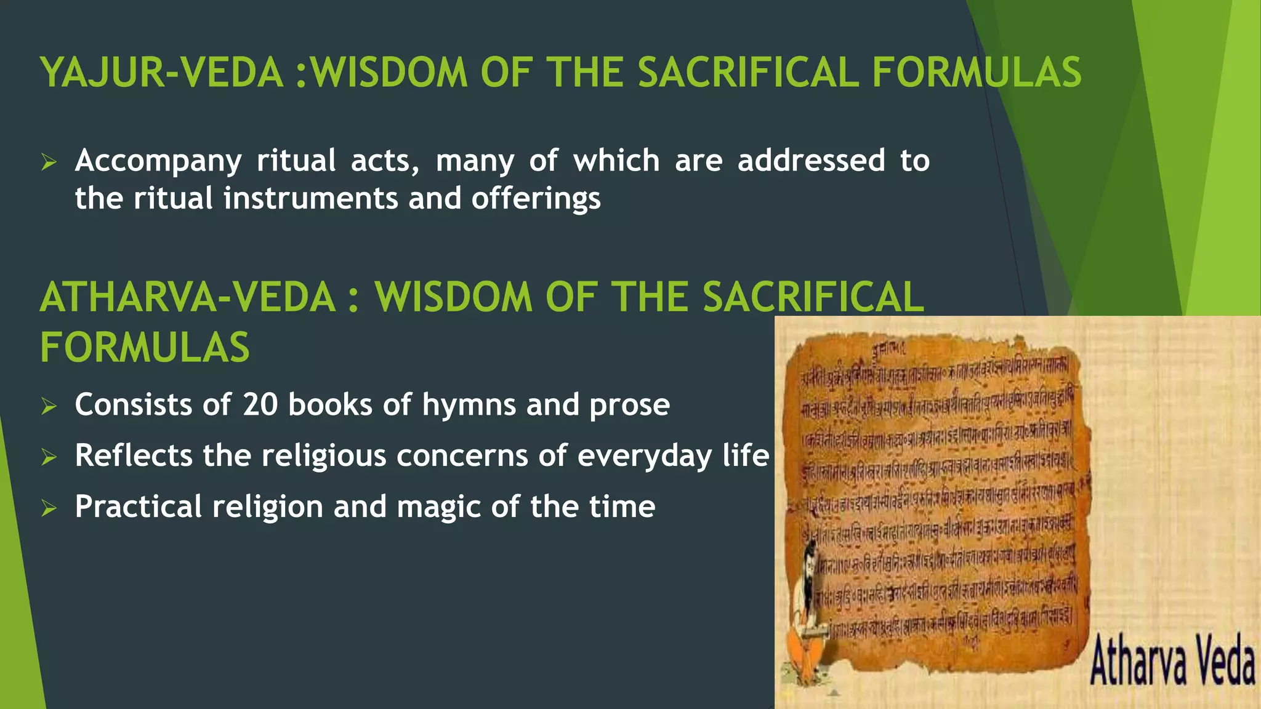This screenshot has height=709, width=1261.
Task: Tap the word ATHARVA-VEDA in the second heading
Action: (x=188, y=297)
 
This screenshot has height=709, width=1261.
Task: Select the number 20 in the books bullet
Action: (x=260, y=405)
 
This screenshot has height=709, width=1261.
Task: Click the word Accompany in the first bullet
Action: (x=158, y=161)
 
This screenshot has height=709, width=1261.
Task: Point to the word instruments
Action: (x=311, y=199)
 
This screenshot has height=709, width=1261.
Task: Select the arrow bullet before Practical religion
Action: (x=49, y=508)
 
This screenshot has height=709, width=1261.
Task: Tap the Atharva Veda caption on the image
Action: (x=1172, y=662)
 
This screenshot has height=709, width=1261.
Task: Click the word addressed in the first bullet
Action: (x=811, y=161)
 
